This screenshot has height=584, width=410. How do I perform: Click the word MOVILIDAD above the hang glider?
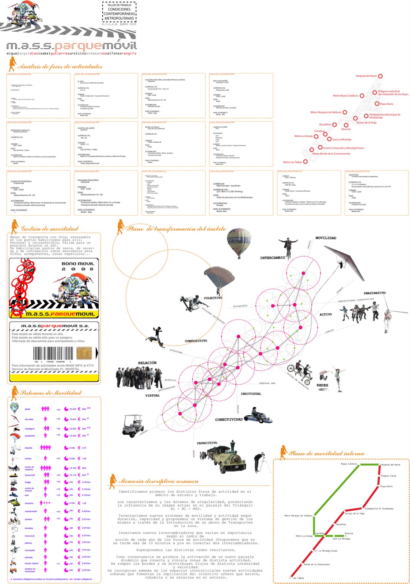(x=326, y=238)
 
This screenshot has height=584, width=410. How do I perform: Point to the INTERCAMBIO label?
(x=273, y=258)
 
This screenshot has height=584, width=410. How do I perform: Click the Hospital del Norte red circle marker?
(x=380, y=76)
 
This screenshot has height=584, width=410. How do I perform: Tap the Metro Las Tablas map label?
(x=292, y=162)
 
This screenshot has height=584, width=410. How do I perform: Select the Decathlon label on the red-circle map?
(x=325, y=124)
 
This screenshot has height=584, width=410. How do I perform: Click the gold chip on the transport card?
(x=84, y=353)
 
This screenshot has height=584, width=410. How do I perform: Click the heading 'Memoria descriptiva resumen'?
(x=159, y=481)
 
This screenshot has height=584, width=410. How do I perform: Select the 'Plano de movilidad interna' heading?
(x=326, y=454)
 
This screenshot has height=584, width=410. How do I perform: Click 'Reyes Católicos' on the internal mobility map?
(x=349, y=464)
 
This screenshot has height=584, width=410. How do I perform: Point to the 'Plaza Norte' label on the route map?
(x=386, y=487)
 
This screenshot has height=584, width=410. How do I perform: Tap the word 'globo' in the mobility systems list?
(x=27, y=409)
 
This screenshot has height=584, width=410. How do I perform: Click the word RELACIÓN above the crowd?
(x=147, y=363)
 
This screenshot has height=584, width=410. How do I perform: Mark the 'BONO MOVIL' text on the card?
(x=78, y=264)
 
